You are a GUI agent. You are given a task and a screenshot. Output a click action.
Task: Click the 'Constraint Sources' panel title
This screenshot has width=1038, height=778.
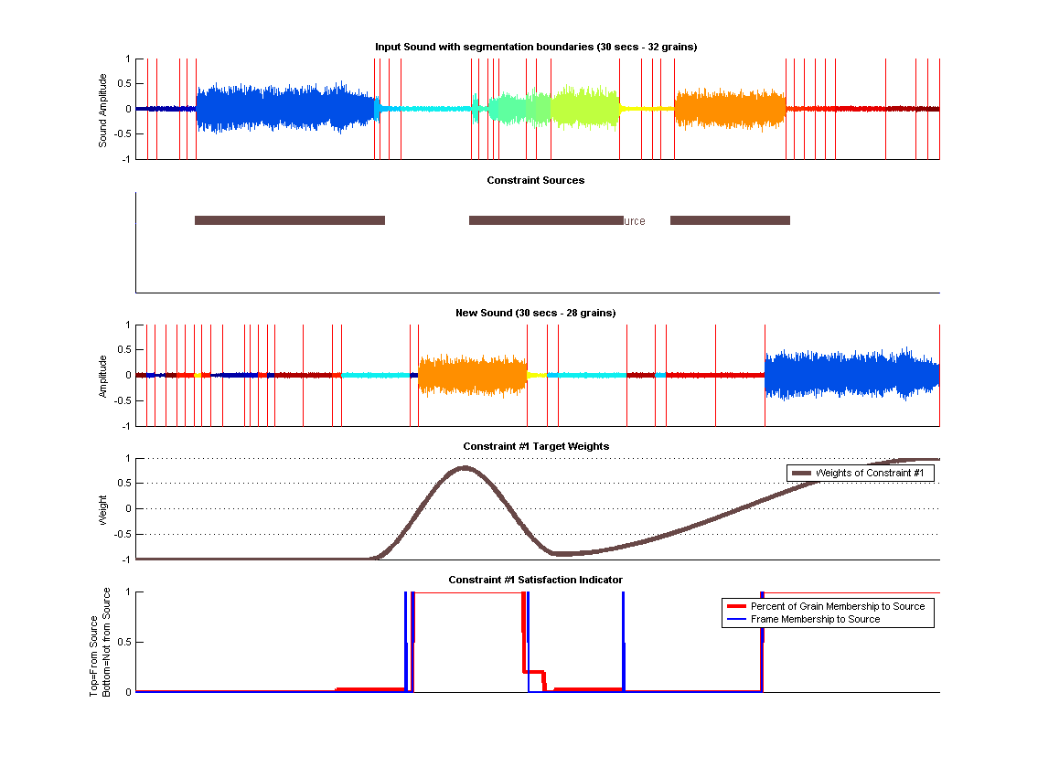(536, 180)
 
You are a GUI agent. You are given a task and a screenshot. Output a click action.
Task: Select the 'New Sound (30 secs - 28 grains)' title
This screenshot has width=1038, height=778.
(536, 313)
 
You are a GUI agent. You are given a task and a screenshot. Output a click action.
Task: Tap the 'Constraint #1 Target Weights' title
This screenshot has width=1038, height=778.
(536, 446)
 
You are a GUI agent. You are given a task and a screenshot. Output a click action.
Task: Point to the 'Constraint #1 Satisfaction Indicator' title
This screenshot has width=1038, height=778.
(536, 580)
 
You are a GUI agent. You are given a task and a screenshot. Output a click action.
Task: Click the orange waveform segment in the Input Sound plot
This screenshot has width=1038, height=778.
(730, 109)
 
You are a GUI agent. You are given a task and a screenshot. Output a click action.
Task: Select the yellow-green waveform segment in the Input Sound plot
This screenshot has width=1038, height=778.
(584, 108)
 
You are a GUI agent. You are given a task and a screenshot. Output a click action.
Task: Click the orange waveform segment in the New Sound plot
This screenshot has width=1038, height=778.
(472, 375)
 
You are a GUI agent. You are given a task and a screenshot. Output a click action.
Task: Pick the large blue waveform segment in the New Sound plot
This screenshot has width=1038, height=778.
(851, 375)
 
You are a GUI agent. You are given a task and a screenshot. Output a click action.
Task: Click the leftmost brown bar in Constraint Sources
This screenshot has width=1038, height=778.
(289, 220)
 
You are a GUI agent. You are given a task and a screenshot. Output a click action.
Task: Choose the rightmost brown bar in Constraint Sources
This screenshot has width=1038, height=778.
(730, 220)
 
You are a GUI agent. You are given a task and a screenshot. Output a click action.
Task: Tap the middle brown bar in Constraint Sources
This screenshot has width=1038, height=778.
(545, 220)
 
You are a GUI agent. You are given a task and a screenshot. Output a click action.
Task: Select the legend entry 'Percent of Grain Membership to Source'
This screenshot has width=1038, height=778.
(837, 606)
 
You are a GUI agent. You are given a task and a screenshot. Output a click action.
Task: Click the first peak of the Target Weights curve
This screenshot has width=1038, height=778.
(464, 468)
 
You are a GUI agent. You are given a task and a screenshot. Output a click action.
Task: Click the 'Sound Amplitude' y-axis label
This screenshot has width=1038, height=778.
(103, 110)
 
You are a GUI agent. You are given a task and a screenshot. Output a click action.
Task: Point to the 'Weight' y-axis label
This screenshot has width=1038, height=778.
(103, 509)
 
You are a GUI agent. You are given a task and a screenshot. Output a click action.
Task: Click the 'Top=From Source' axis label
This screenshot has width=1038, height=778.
(94, 643)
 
